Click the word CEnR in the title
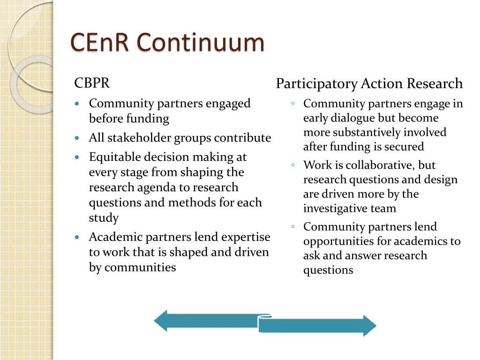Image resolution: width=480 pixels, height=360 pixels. (100, 43)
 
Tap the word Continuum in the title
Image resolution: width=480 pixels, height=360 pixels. (201, 43)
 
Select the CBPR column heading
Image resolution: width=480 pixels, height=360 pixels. (92, 83)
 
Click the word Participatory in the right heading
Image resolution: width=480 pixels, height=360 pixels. (316, 84)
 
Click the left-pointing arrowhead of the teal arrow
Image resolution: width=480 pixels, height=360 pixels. (161, 321)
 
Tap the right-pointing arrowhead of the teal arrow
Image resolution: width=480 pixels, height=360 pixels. (369, 325)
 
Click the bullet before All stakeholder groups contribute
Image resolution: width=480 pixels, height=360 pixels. (77, 138)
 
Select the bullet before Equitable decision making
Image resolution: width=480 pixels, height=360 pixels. (77, 157)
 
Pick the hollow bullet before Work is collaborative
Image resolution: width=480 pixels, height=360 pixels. (292, 165)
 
